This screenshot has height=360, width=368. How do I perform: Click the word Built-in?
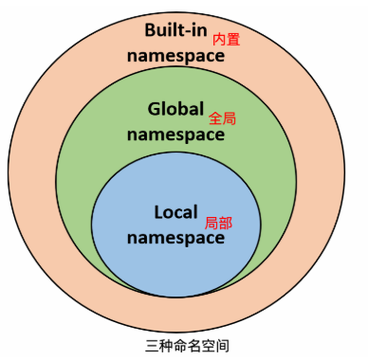(x=175, y=29)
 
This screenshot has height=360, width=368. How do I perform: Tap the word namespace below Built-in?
(x=176, y=54)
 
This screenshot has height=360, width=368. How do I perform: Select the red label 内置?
(x=225, y=40)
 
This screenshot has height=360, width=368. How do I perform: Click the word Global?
(x=175, y=109)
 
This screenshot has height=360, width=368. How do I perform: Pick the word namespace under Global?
(x=176, y=134)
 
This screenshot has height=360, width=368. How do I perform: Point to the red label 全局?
(x=220, y=119)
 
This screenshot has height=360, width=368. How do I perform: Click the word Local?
(x=177, y=213)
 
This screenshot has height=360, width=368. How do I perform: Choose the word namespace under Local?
(x=176, y=238)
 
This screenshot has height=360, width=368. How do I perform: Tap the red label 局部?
(x=219, y=224)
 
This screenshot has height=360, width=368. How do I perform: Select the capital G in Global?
(x=155, y=109)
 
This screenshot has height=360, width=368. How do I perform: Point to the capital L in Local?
(x=158, y=213)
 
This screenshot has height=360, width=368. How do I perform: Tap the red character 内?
(x=218, y=40)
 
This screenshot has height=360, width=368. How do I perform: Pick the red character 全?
(x=213, y=119)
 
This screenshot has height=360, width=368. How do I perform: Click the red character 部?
(x=226, y=224)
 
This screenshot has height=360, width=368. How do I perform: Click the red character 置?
(x=231, y=40)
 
